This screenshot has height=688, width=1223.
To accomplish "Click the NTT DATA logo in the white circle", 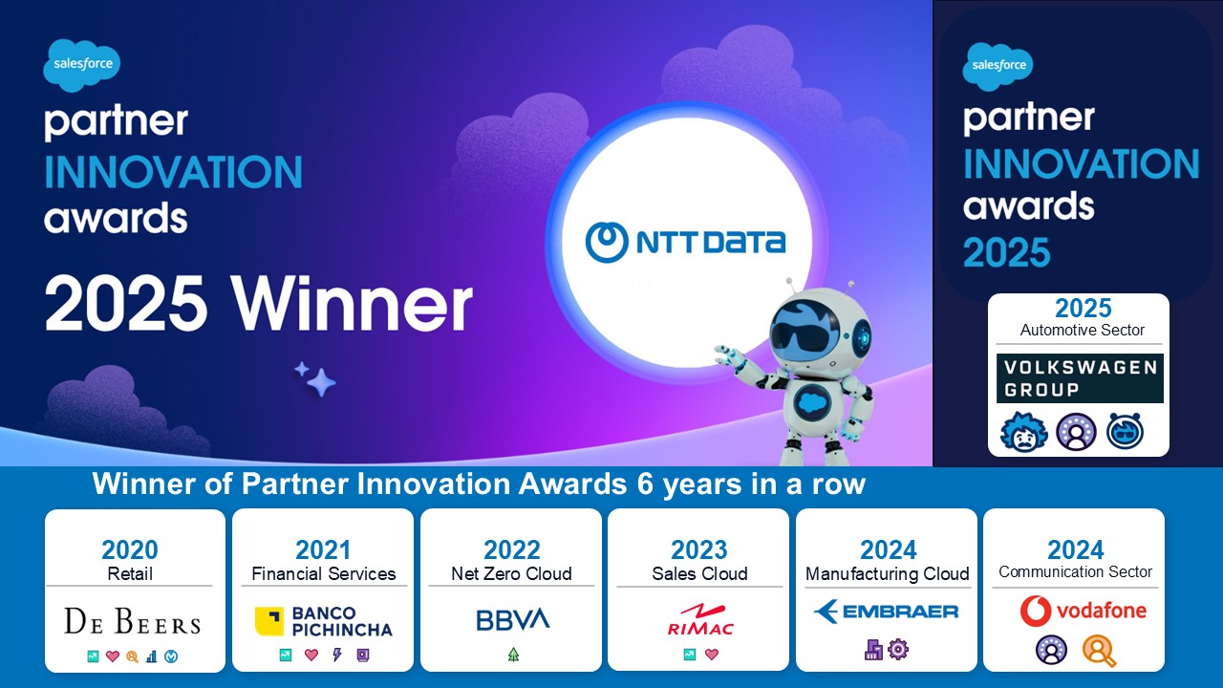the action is pos(685,242).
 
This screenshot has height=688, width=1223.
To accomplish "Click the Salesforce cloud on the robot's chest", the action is pos(813,402).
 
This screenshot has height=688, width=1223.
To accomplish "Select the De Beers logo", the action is pos(133,621).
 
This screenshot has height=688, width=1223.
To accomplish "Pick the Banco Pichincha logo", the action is pos(323,621).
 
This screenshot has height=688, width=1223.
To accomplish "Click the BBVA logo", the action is pos(513,620).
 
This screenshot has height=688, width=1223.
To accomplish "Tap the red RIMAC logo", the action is pos(700,620).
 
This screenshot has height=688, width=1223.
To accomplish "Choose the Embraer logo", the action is pos(886,612).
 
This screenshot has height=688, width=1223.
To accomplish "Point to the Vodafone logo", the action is pos(1084,611).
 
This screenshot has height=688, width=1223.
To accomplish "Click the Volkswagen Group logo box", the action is pos(1080,378).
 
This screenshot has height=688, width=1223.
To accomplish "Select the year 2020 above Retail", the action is pos(129,549).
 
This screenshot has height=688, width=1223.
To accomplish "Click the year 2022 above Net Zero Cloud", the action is pos(511,549).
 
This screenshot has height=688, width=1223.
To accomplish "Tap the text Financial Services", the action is pos(324,574).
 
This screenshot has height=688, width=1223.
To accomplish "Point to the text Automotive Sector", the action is pos(1083,331).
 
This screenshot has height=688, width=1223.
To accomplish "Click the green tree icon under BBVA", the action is pos(513,655).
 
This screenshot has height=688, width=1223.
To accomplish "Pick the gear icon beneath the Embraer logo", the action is pos(898,649).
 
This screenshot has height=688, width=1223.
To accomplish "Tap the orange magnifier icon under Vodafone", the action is pos(1099,651).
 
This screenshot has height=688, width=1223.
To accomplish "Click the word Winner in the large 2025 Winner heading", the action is pos(351,304).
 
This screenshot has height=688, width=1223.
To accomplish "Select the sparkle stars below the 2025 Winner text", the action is pos(315,378).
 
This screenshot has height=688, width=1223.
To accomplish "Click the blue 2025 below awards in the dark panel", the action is pos(1006,252).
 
